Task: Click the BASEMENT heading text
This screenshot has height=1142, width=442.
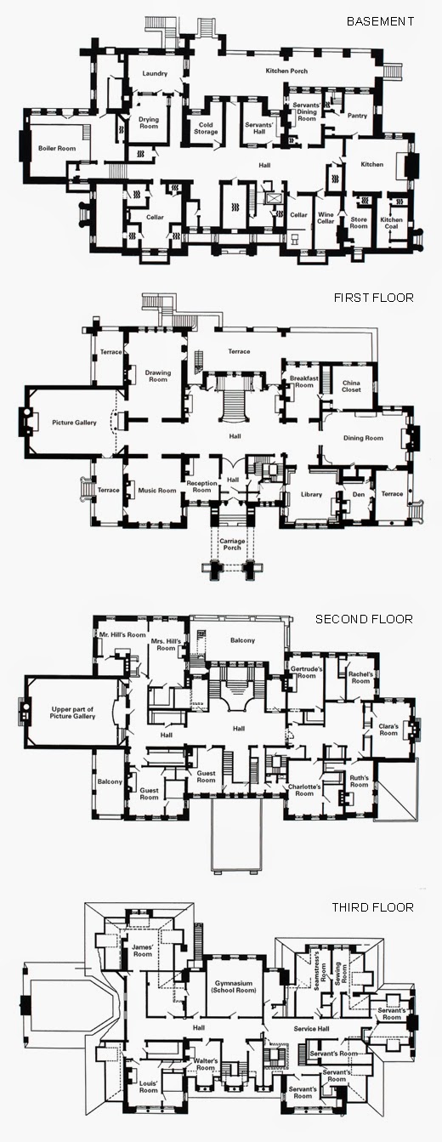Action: pyautogui.click(x=380, y=20)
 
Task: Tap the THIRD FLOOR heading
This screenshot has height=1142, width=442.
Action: pyautogui.click(x=372, y=907)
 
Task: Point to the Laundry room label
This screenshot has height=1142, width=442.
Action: pyautogui.click(x=155, y=74)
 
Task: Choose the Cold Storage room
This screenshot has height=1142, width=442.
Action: pyautogui.click(x=206, y=128)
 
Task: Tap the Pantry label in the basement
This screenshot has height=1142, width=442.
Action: pyautogui.click(x=357, y=116)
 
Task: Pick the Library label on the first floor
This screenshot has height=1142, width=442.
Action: pyautogui.click(x=312, y=494)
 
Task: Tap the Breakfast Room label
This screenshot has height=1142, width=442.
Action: pyautogui.click(x=302, y=381)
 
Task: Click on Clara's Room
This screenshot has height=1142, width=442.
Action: pyautogui.click(x=388, y=730)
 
